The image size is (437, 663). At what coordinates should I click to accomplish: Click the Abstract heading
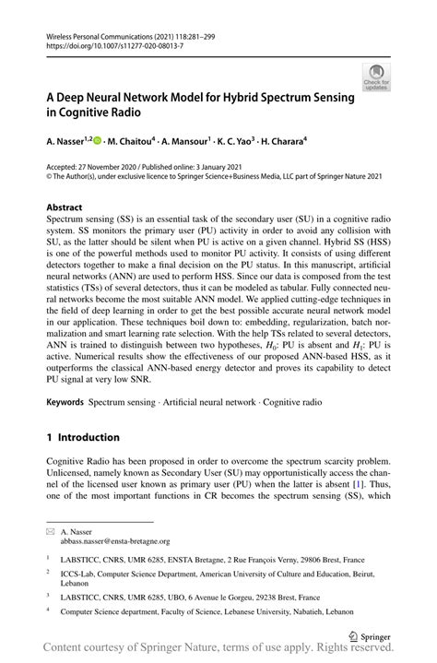65,208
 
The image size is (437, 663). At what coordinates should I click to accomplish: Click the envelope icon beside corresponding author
52,532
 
